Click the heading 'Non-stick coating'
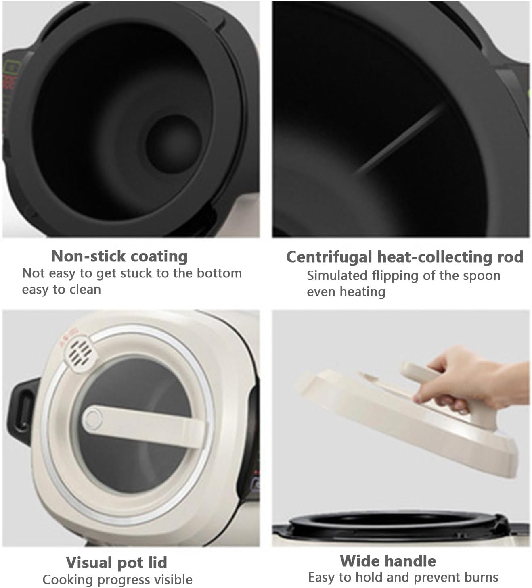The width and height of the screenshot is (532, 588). [x=119, y=256]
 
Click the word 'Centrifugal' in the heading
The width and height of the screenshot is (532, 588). [x=329, y=257]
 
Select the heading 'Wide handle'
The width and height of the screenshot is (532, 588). [x=388, y=561]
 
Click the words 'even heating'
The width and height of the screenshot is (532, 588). [x=346, y=292]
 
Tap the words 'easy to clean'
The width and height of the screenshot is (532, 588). [x=61, y=290]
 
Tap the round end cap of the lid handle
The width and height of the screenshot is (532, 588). [x=93, y=419]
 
